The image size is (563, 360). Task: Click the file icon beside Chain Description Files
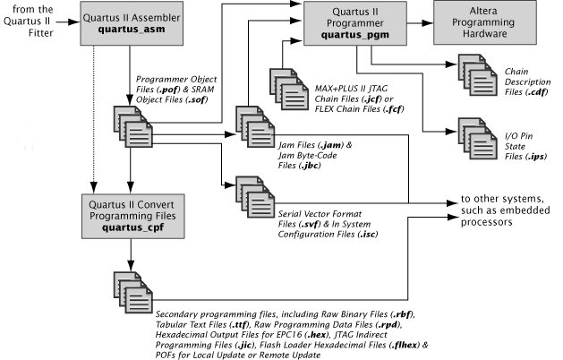tap(473, 73)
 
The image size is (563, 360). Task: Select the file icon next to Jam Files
tap(253, 124)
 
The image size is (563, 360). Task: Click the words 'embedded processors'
tap(494, 220)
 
